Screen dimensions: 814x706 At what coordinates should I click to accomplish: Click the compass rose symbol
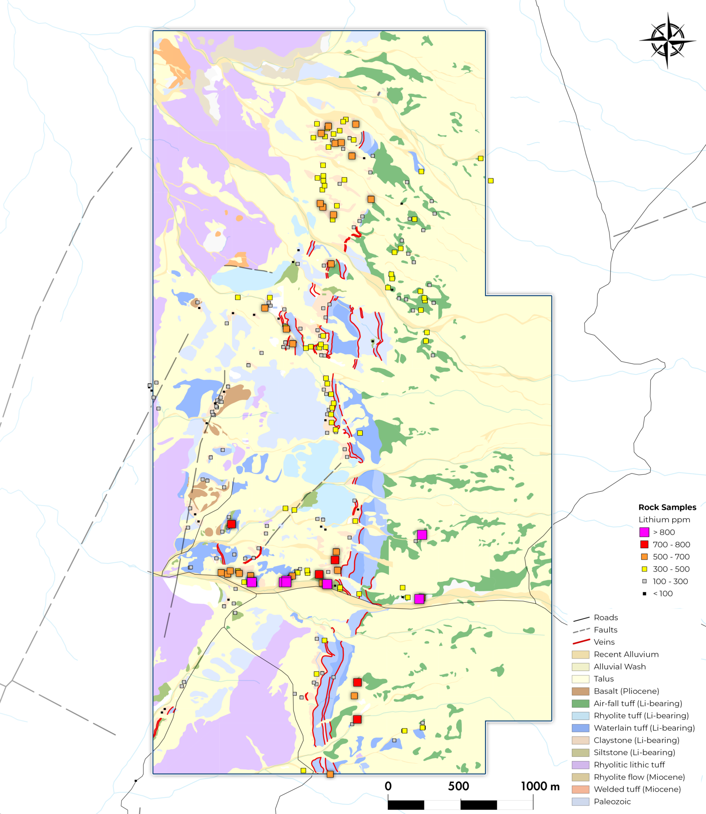click(667, 40)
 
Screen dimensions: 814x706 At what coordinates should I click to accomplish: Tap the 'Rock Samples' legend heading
click(667, 507)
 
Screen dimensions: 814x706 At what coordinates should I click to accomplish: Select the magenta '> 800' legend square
click(644, 532)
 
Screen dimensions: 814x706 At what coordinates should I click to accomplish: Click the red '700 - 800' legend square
click(644, 544)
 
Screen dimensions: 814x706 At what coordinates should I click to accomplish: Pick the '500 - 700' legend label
click(671, 556)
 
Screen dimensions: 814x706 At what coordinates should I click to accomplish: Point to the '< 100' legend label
click(663, 593)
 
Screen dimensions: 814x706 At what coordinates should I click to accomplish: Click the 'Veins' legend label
click(604, 642)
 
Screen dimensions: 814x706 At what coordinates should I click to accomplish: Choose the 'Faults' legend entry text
click(605, 630)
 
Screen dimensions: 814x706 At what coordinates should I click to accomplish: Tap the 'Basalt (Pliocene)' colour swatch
click(580, 691)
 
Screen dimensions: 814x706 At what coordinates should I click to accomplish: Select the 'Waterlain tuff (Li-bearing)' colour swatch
click(580, 728)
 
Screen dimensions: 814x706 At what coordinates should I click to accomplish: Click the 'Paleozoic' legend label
click(612, 801)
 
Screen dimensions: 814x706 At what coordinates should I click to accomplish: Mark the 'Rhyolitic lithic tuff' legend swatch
click(580, 765)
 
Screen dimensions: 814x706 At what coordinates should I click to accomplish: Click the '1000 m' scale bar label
click(540, 786)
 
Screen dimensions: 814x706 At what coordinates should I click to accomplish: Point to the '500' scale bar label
click(458, 786)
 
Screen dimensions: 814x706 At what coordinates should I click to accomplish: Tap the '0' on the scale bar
click(388, 786)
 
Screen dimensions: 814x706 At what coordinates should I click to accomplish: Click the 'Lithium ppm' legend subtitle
click(664, 519)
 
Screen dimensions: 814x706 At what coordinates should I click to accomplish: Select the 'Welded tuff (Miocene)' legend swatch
click(580, 789)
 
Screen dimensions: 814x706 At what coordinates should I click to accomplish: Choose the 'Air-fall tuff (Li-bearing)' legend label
click(638, 704)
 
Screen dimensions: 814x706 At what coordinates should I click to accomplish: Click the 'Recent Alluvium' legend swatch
click(580, 654)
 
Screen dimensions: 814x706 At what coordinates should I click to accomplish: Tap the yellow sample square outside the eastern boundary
click(490, 180)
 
